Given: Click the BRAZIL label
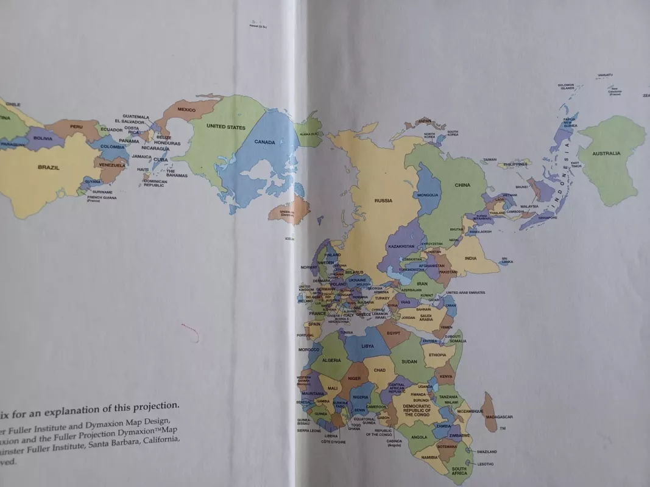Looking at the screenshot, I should pos(49,167).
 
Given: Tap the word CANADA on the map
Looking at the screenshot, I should pos(265,142).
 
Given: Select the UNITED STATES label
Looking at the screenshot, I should pos(226,127).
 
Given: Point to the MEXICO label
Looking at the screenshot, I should pos(186,110).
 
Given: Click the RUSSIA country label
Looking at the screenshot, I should pos(383,200).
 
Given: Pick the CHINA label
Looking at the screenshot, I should pos(462,185).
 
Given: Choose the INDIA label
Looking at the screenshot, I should pos(471,258).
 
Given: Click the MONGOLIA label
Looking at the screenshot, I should pos(427,195).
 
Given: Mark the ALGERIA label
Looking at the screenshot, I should pos(331,361).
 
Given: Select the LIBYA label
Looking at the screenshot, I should pos(368,346).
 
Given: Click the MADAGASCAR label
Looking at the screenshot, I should pos(500,417).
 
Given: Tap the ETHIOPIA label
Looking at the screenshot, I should pos(437,355).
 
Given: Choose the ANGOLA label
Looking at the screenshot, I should pos(419,437).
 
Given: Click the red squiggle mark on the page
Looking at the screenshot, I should pos(190,331).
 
